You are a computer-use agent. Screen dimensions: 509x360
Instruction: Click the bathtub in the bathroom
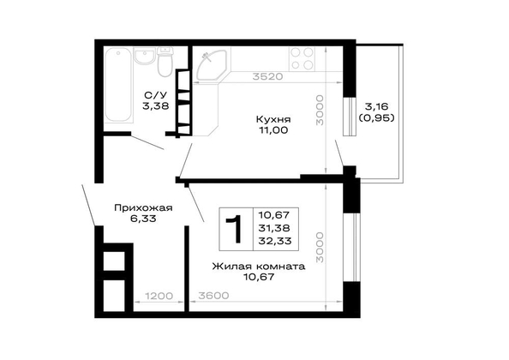(x=119, y=85)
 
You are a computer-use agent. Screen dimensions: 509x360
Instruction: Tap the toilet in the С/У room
(x=165, y=62)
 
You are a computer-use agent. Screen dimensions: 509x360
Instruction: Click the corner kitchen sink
(x=209, y=65)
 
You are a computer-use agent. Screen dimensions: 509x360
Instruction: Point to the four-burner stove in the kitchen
(x=302, y=58)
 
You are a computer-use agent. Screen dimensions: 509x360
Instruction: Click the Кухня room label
(x=273, y=119)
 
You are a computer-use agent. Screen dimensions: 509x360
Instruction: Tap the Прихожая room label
(x=143, y=208)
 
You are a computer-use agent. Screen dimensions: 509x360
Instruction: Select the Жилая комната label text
(x=259, y=267)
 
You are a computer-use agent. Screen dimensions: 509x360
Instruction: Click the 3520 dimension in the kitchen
(x=268, y=76)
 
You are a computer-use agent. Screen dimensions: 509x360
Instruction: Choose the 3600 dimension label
(x=213, y=296)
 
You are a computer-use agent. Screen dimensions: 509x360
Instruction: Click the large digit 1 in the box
(x=235, y=229)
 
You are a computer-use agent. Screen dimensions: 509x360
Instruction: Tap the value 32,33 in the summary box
(x=274, y=241)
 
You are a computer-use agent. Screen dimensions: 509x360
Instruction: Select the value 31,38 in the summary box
(x=274, y=228)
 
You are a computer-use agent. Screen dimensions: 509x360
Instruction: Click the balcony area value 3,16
(x=376, y=106)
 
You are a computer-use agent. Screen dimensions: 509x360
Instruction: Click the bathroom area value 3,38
(x=156, y=105)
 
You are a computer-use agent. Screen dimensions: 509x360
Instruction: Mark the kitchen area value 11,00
(x=273, y=130)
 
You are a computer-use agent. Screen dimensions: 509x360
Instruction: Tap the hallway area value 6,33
(x=143, y=219)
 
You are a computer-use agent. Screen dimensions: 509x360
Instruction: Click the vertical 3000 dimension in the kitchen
(x=320, y=111)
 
